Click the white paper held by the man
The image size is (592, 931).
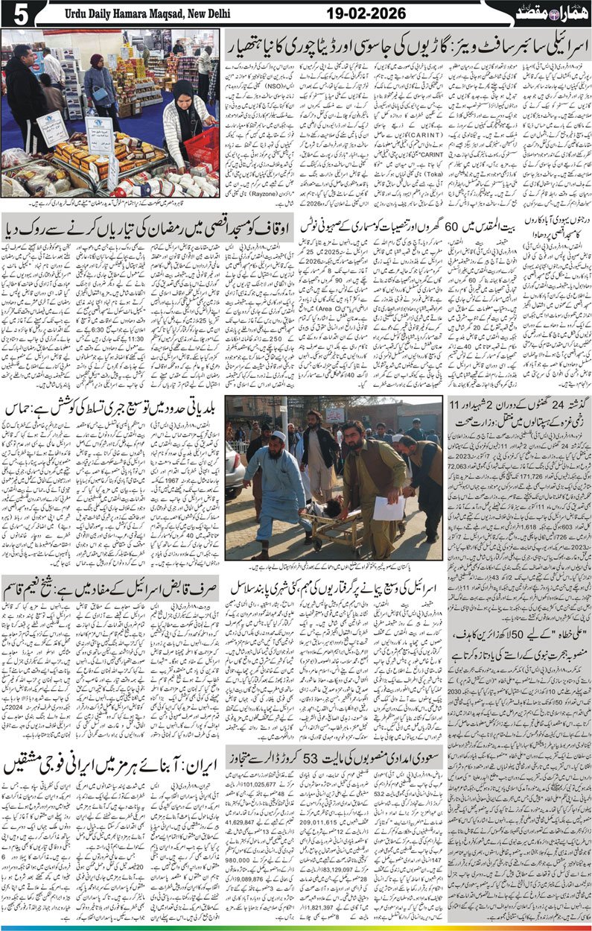(x=386, y=508)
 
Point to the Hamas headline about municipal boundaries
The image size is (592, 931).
(x=112, y=408)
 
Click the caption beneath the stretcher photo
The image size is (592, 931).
(x=335, y=567)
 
